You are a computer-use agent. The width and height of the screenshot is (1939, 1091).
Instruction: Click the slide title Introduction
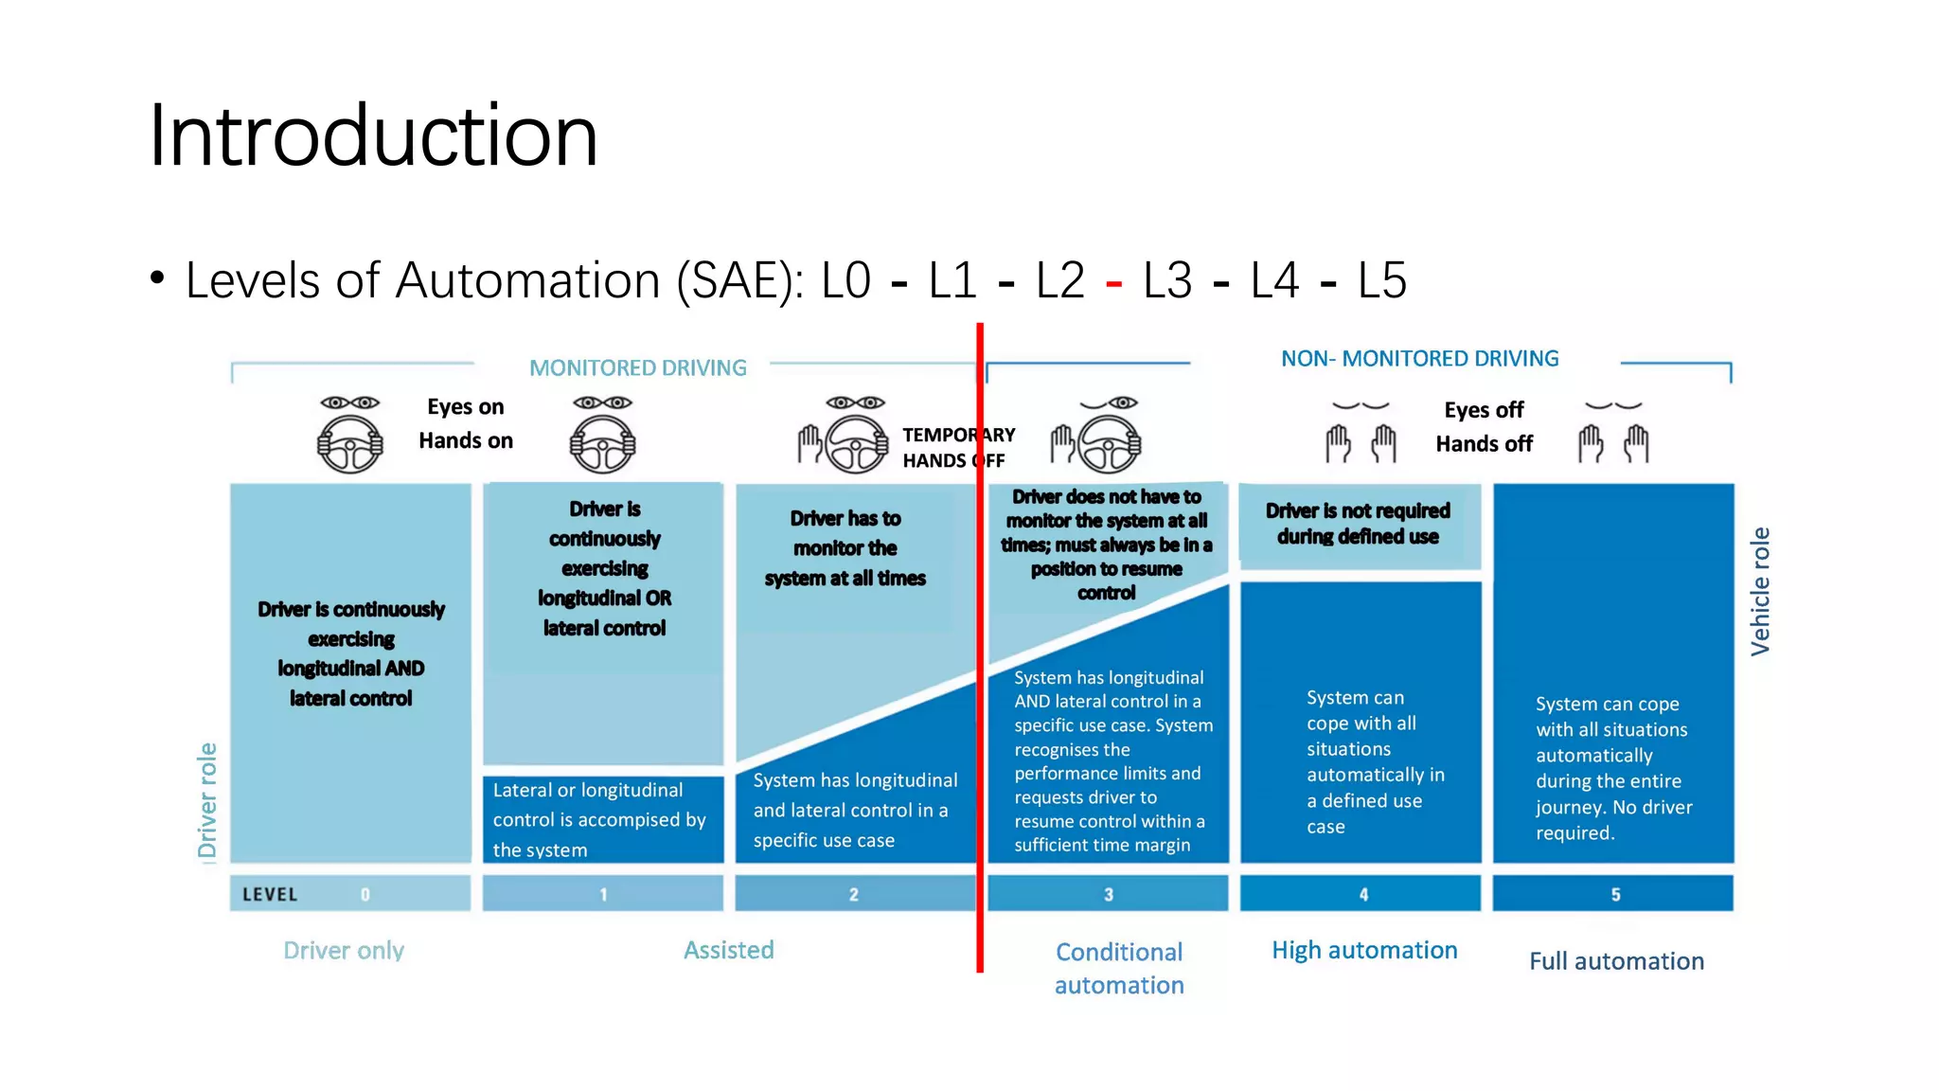coord(373,135)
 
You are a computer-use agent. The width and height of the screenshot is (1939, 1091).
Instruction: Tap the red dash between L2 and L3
coord(1113,283)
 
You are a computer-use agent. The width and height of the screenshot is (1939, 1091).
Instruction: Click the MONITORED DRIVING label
coord(637,367)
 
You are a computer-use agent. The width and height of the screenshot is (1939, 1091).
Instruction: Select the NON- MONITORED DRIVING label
coord(1419,359)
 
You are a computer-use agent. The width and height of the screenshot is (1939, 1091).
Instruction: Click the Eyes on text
coord(465,407)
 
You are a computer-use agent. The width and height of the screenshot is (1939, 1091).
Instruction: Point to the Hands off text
coord(1484,444)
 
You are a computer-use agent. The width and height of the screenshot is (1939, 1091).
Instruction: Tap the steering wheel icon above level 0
coord(349,444)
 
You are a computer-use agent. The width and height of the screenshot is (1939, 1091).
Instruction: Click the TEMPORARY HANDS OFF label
coord(957,447)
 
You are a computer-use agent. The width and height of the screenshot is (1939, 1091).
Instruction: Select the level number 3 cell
coord(1108,894)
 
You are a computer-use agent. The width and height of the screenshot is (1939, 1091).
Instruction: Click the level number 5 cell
coord(1614,894)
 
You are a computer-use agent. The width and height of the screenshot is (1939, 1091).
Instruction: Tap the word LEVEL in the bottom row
coord(270,895)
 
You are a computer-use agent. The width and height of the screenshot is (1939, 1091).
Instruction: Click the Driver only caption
coord(344,950)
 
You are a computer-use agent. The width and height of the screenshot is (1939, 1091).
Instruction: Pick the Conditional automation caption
coord(1119,968)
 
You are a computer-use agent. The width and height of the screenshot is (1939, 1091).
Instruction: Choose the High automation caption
coord(1363,950)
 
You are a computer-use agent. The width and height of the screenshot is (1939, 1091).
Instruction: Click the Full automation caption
coord(1616,961)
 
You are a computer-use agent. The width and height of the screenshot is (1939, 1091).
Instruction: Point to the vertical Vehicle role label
coord(1759,591)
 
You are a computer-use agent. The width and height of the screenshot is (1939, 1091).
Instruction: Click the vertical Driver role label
coord(207,800)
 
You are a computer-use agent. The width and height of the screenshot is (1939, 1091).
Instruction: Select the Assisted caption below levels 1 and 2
coord(728,950)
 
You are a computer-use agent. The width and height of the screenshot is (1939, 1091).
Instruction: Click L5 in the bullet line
coord(1381,281)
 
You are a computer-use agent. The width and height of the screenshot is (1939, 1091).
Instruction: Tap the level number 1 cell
coord(603,894)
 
